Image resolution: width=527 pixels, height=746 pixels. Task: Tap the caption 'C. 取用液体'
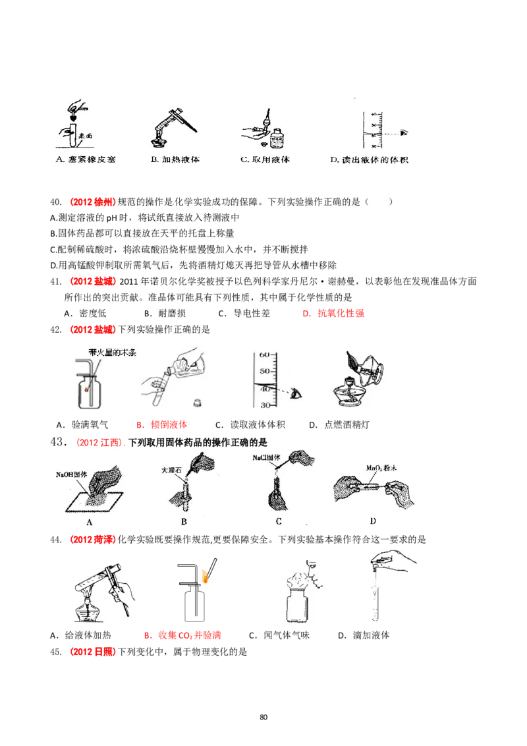(x=265, y=159)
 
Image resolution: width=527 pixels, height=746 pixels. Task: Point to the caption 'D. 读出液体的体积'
(x=368, y=159)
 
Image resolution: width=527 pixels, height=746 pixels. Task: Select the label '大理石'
(x=173, y=471)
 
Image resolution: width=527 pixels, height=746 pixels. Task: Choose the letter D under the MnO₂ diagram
(x=373, y=521)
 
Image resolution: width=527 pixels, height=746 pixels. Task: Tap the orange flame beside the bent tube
(x=206, y=577)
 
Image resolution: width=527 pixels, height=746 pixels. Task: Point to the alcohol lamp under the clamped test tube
(x=90, y=610)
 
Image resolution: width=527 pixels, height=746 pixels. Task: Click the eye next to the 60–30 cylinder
(x=296, y=393)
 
